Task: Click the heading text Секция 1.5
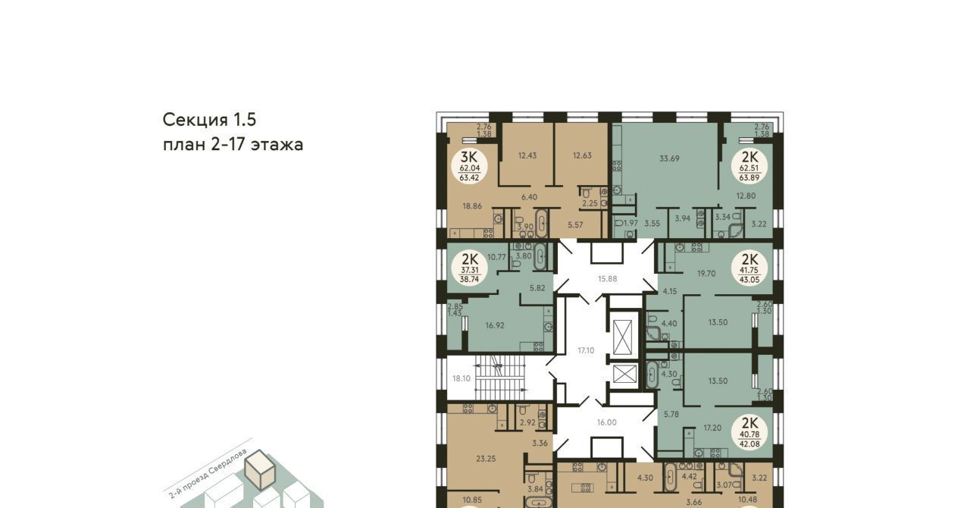point(210,120)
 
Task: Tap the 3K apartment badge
point(469,166)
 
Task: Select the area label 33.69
point(669,158)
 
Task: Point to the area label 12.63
point(582,155)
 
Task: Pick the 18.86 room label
point(472,206)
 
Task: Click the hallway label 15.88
point(608,279)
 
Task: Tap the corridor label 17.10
point(586,350)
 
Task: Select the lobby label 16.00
point(607,422)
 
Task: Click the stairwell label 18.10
point(462,378)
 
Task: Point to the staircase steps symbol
point(501,378)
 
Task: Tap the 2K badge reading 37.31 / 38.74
point(469,268)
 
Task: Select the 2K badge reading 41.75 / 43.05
point(749,268)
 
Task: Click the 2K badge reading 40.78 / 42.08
point(749,432)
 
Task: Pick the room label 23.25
point(486,459)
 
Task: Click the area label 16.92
point(495,325)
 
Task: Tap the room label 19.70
point(706,274)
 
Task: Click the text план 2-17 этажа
point(233,145)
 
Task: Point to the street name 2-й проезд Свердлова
point(208,474)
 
